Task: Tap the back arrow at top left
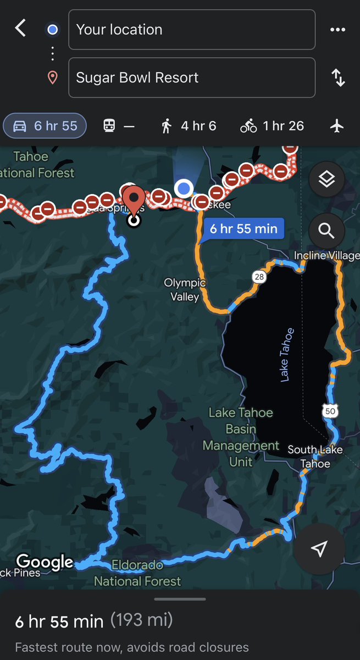(20, 28)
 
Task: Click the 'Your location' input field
(191, 30)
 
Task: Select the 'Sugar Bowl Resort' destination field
(191, 78)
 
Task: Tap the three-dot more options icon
(337, 30)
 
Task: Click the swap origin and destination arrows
(337, 78)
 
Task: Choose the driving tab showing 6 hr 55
(45, 126)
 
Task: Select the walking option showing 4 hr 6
(189, 126)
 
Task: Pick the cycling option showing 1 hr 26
(272, 126)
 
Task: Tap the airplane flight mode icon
(336, 126)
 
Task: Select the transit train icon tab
(118, 126)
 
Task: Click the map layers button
(326, 179)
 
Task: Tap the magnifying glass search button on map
(326, 231)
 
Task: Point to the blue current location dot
(184, 189)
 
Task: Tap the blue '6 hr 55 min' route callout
(243, 228)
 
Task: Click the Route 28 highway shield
(259, 277)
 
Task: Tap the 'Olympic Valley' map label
(185, 290)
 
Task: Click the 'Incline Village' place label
(325, 256)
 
